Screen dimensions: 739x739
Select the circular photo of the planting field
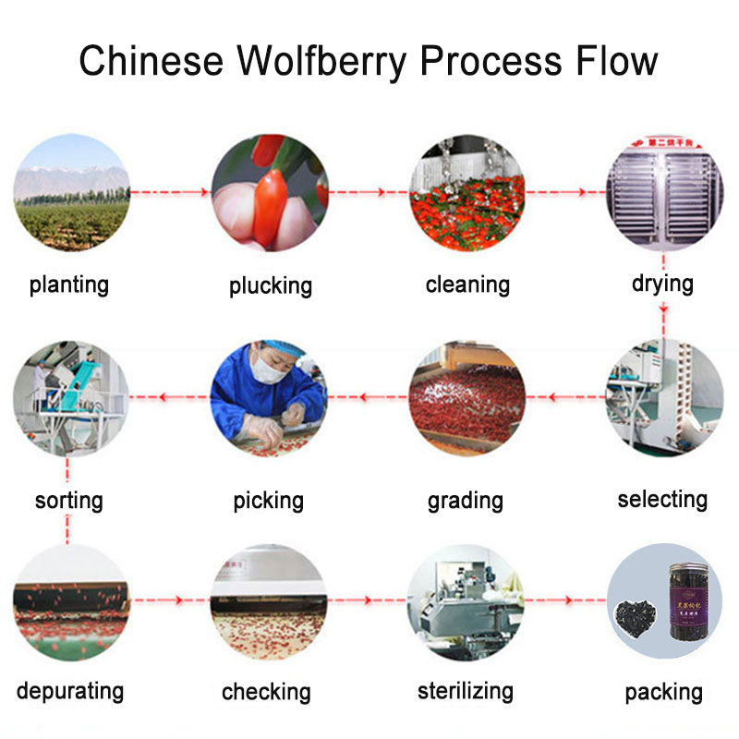tap(71, 193)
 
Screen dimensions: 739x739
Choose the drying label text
tap(662, 283)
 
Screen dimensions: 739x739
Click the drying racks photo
tap(662, 193)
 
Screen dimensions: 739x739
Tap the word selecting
tap(662, 500)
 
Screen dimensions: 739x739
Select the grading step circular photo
tap(466, 398)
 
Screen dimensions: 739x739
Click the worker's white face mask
tap(268, 370)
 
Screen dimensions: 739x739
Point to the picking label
tap(268, 501)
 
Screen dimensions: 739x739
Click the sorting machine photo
tap(71, 398)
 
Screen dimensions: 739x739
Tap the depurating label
tap(69, 690)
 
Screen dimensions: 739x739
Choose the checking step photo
tap(268, 601)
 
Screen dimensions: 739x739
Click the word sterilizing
tap(465, 690)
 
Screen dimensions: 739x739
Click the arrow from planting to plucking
tap(170, 192)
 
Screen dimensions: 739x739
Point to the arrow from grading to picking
tap(369, 398)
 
